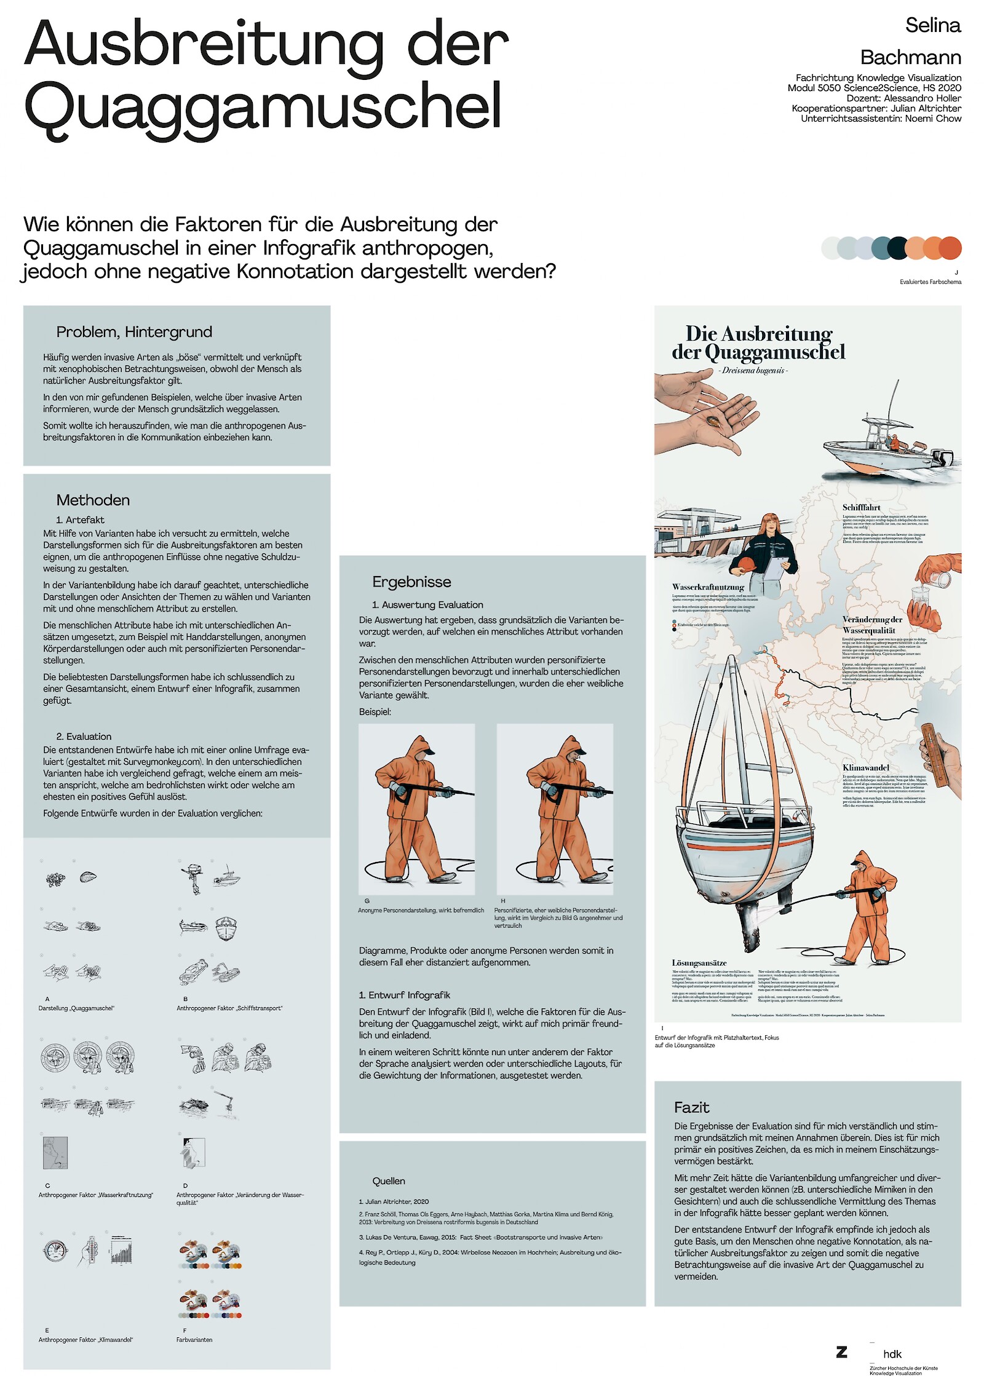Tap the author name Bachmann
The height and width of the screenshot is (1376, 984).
(x=910, y=57)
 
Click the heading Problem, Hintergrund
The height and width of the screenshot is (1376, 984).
(x=134, y=332)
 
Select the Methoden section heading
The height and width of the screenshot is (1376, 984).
(x=93, y=500)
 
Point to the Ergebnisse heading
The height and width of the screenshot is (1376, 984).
(x=411, y=582)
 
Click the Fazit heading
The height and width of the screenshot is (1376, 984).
(x=691, y=1107)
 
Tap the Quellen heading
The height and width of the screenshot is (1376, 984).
(x=389, y=1180)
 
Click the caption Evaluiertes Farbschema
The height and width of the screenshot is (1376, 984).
(x=930, y=282)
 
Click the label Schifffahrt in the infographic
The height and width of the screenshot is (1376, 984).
(x=861, y=507)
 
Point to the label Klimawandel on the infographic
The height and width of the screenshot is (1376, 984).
(x=866, y=767)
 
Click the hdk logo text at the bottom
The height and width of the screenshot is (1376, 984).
(x=892, y=1354)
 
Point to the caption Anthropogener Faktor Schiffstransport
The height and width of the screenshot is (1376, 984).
(x=229, y=1008)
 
